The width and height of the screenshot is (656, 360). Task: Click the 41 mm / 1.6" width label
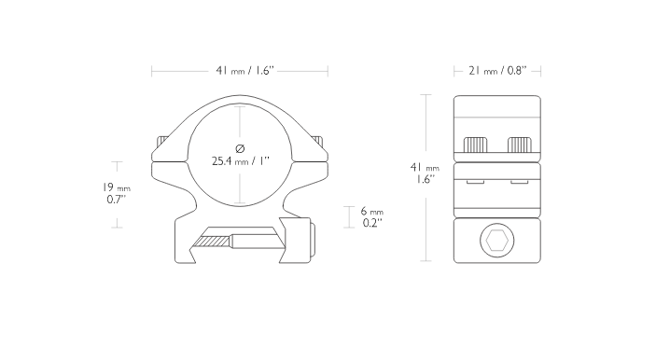(245, 71)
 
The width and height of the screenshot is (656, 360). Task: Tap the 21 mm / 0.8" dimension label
(497, 71)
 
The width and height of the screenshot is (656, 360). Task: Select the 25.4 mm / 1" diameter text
(241, 161)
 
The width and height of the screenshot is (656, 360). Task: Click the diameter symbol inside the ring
(240, 148)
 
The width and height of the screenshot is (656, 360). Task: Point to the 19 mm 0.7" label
(117, 193)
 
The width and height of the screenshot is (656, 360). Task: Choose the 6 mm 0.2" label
(372, 217)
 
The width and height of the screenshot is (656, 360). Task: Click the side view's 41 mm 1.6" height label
(425, 173)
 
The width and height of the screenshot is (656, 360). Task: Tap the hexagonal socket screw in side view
(497, 241)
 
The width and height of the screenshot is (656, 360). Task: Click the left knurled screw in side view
(475, 145)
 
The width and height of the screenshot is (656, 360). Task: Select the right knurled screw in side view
(520, 145)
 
